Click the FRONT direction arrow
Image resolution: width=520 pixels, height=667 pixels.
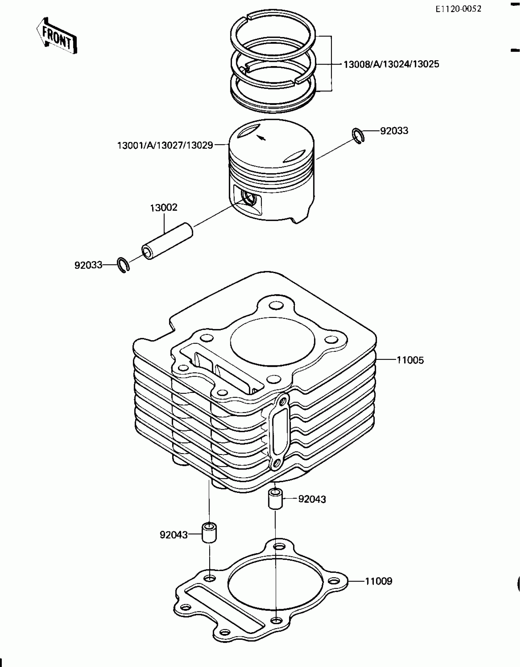point(57,36)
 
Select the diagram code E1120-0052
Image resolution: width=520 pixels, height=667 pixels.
point(459,9)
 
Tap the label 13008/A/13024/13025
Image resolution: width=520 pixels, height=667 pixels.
point(391,64)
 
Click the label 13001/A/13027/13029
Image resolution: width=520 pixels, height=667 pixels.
point(165,145)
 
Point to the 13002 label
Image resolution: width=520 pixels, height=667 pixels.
point(164,208)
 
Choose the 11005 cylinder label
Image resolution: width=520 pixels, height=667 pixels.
point(410,360)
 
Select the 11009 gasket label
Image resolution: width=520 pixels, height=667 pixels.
point(378,581)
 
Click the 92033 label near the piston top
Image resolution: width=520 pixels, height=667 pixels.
point(394,131)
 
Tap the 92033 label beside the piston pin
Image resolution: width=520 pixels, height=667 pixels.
point(88,265)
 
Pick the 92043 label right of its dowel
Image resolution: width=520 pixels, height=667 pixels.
point(312,499)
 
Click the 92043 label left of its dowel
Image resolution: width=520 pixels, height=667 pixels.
point(173,535)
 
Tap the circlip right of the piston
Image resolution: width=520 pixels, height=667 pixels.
point(358,136)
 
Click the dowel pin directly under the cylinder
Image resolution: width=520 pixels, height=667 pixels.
point(275,499)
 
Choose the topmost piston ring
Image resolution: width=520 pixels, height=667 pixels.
point(273,34)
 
